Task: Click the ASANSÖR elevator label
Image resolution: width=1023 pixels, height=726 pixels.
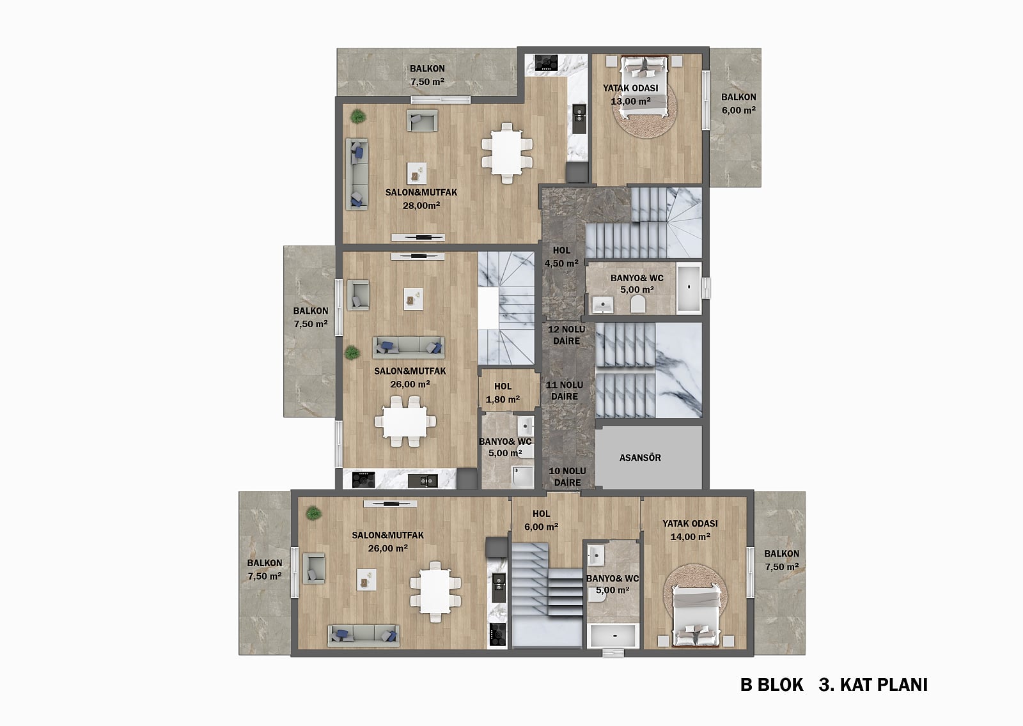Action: [640, 458]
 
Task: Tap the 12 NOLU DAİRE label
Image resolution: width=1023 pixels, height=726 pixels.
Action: [566, 335]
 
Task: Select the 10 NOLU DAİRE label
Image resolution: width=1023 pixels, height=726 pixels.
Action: [567, 477]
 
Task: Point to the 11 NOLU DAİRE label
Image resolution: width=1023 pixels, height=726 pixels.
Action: [565, 391]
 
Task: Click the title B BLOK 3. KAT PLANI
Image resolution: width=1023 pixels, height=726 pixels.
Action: [834, 685]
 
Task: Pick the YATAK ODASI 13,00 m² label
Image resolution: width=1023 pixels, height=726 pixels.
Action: [630, 95]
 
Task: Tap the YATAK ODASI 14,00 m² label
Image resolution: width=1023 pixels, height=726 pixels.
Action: [690, 530]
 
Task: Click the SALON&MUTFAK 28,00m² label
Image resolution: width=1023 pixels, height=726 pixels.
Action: [421, 199]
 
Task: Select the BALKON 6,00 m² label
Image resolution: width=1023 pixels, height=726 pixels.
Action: [738, 104]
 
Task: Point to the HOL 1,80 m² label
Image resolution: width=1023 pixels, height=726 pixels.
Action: [503, 392]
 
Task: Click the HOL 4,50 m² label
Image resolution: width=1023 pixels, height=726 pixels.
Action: [561, 257]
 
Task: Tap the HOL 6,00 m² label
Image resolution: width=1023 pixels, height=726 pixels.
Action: [541, 520]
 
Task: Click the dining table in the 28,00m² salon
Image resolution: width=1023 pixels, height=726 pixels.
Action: [507, 153]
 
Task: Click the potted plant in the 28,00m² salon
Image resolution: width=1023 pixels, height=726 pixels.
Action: [358, 116]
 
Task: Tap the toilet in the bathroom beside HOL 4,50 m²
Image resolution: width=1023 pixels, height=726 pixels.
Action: [638, 304]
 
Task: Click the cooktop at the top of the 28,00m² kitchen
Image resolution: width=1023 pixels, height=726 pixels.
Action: [546, 63]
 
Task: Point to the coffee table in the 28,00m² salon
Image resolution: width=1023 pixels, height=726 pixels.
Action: [416, 173]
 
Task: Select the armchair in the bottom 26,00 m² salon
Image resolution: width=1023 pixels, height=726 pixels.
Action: [314, 569]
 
